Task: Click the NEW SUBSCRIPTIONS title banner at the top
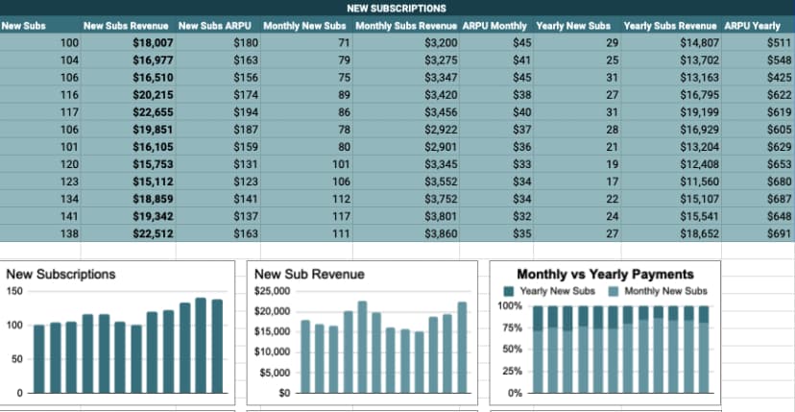pos(397,8)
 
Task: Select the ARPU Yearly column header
pos(752,25)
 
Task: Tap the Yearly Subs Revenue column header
pos(670,25)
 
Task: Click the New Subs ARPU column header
pos(215,25)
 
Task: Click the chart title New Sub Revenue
pos(309,274)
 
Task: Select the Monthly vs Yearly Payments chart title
pos(605,274)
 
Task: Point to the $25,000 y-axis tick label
pos(272,291)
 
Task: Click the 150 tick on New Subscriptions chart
pos(14,291)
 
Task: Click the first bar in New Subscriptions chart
pos(39,359)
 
